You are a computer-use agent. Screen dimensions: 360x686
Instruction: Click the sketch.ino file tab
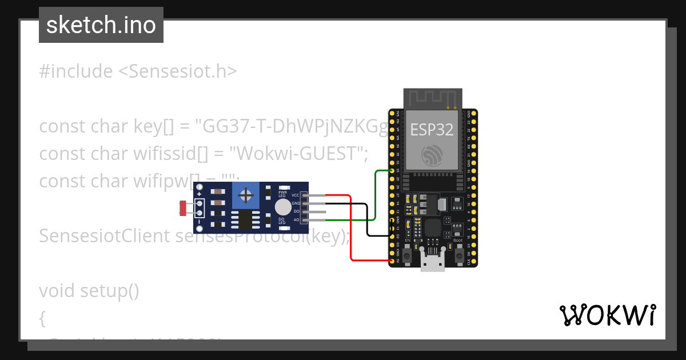(x=101, y=25)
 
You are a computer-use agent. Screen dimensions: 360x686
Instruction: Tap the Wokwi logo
(x=607, y=315)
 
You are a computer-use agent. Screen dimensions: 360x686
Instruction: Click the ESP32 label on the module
(x=432, y=130)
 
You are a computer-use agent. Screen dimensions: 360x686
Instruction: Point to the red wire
(x=350, y=229)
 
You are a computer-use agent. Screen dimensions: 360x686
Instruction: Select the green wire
(x=374, y=194)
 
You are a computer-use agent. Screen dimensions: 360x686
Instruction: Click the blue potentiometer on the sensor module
(x=246, y=196)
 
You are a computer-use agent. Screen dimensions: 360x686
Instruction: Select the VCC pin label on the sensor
(x=296, y=195)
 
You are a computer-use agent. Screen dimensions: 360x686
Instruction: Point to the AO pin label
(x=296, y=219)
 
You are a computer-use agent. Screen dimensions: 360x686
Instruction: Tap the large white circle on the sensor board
(x=282, y=207)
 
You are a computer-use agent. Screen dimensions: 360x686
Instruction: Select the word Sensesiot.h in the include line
(x=177, y=71)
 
